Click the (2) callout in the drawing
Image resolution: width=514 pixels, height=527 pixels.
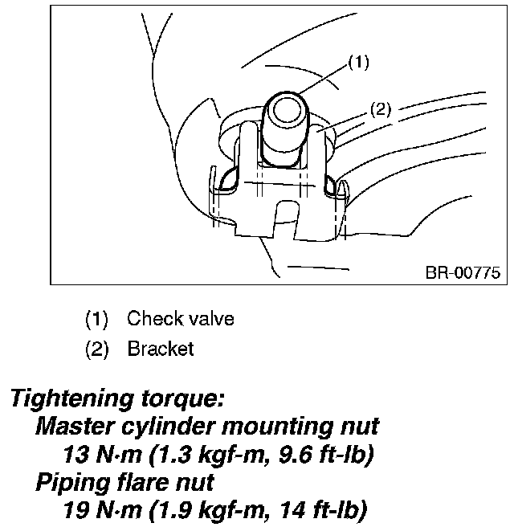pyautogui.click(x=380, y=110)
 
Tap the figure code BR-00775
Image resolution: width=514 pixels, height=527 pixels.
pyautogui.click(x=461, y=273)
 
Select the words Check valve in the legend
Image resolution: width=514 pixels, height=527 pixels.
pyautogui.click(x=180, y=319)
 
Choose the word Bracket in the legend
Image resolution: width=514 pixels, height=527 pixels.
pyautogui.click(x=160, y=349)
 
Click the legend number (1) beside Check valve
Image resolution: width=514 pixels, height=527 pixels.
pyautogui.click(x=96, y=319)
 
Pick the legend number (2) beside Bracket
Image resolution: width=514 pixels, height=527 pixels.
pyautogui.click(x=96, y=349)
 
